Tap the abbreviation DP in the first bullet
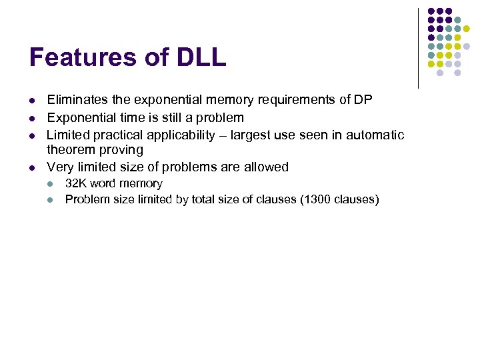(363, 100)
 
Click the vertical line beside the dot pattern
(418, 48)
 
